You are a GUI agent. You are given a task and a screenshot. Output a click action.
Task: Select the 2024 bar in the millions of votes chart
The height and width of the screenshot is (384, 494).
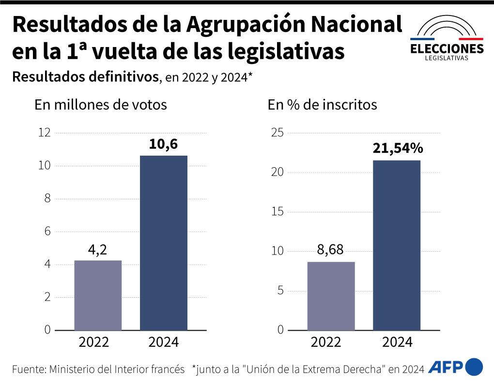[163, 242]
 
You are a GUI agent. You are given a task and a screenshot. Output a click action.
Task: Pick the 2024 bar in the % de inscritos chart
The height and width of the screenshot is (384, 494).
[396, 245]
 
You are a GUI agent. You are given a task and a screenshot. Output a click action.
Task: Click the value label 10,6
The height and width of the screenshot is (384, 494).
[163, 144]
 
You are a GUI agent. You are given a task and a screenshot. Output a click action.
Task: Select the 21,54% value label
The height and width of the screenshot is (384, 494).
[397, 149]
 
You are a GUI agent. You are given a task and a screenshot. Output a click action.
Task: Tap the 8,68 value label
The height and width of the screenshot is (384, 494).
[330, 251]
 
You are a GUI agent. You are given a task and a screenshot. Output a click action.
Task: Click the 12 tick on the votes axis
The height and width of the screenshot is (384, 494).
[45, 133]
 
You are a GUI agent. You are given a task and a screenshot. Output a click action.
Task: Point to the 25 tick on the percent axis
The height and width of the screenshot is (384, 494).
[278, 133]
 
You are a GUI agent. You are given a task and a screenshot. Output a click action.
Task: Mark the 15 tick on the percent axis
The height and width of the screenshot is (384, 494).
[278, 212]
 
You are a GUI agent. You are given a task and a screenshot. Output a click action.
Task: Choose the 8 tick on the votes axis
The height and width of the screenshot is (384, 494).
[47, 199]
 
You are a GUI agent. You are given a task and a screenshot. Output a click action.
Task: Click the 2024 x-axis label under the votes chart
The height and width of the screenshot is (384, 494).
[163, 342]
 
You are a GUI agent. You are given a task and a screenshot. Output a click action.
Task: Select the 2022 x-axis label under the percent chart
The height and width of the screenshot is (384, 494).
[326, 342]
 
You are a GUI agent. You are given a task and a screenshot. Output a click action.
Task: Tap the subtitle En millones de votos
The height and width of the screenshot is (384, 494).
[101, 105]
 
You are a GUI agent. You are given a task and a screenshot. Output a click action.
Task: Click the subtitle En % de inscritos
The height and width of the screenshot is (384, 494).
[322, 105]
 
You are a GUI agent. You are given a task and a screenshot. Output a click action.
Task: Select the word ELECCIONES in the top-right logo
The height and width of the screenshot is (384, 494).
[447, 49]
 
